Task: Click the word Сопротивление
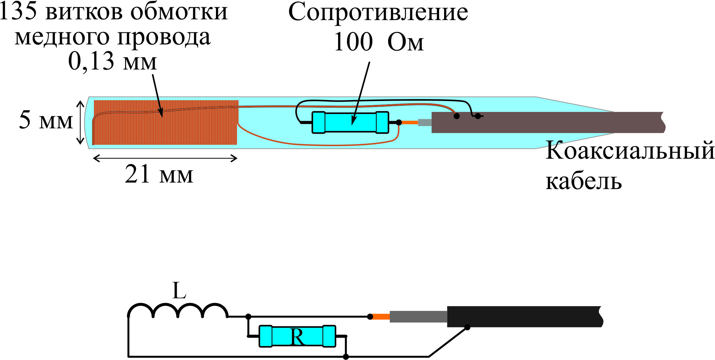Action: coord(378,13)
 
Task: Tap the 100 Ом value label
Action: coord(379,42)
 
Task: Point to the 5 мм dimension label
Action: coord(45,120)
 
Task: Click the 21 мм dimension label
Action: coord(159,174)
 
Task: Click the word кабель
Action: coord(584,181)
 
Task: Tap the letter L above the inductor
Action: coord(179,291)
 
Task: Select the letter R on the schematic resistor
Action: coord(297,337)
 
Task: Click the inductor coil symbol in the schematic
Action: coord(178,311)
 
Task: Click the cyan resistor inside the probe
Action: coord(350,122)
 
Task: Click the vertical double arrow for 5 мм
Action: coord(80,122)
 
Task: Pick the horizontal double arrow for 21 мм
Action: coord(165,159)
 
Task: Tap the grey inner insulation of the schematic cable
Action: coord(418,317)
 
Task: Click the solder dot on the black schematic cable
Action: coord(467,327)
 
